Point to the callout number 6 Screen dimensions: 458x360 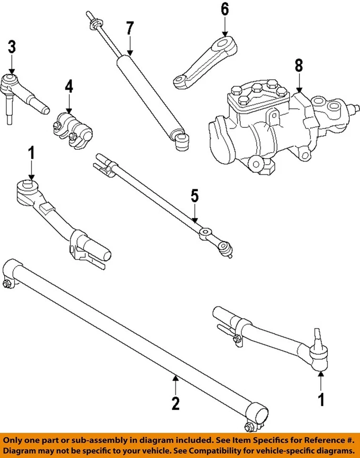click(x=225, y=9)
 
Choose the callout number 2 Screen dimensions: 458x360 click(x=175, y=404)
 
